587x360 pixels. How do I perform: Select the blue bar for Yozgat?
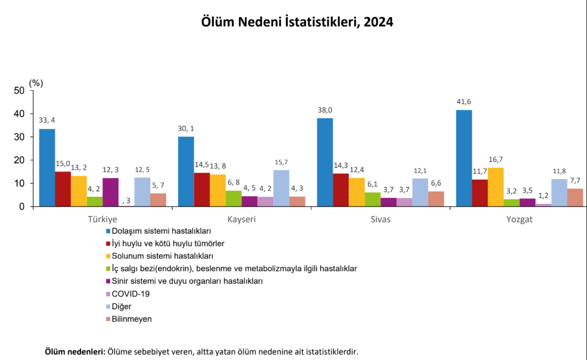pos(463,158)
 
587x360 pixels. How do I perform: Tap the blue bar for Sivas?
pos(324,162)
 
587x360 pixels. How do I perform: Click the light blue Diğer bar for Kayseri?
pos(281,188)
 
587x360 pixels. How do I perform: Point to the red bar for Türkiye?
pos(63,189)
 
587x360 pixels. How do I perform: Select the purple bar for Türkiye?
pos(111,192)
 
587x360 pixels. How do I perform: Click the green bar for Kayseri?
pos(234,199)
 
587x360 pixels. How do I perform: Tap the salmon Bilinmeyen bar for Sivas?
pos(436,199)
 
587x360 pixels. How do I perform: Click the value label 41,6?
pos(463,102)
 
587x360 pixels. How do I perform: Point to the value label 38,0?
pos(324,110)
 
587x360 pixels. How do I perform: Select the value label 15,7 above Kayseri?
pos(281,162)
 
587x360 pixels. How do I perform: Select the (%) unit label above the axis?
pos(36,83)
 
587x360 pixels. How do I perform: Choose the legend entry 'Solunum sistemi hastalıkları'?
pos(158,256)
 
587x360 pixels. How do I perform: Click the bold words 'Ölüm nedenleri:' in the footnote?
pos(75,351)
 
